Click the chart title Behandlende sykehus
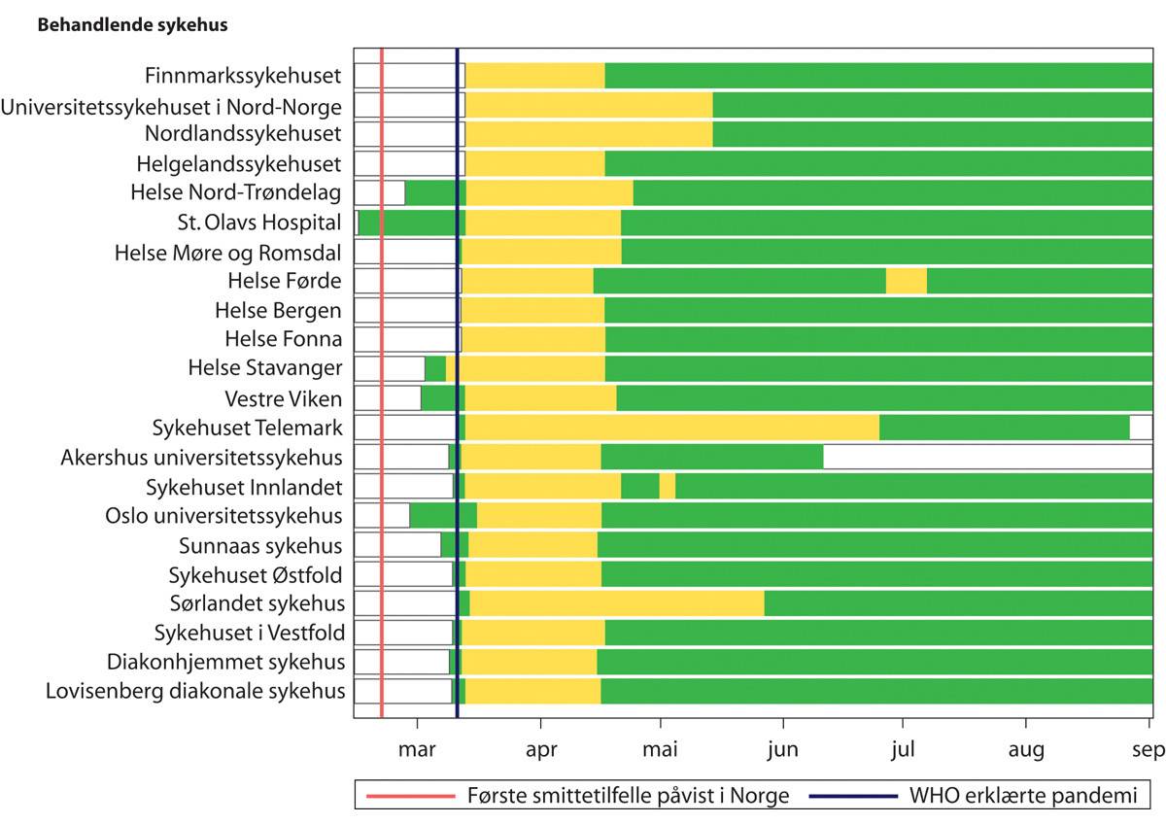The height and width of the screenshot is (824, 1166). tap(132, 26)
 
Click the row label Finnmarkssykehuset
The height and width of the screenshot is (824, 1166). tap(243, 76)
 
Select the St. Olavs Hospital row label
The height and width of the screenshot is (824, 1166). tap(259, 223)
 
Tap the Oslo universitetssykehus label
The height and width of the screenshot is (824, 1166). tap(223, 516)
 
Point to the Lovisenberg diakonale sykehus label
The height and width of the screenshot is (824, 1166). tap(195, 692)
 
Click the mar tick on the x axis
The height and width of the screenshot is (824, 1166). tap(417, 749)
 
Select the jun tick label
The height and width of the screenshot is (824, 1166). tap(782, 749)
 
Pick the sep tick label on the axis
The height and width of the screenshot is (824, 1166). tap(1149, 749)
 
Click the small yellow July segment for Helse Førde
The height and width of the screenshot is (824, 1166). tap(906, 281)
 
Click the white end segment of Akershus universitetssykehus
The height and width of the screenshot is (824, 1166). tap(987, 457)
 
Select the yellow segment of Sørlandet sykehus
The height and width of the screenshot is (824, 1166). tap(617, 603)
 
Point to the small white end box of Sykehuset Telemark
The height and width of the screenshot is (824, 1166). tap(1141, 428)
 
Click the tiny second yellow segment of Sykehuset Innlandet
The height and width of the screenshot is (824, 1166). tap(667, 486)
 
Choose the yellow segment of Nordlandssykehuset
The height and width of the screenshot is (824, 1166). tap(589, 134)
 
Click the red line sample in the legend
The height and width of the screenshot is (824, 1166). tap(410, 797)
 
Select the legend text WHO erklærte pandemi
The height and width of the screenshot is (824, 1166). tap(1022, 797)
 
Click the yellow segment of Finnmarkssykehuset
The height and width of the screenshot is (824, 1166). tap(535, 76)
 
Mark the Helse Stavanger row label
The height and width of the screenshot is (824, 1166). tap(265, 368)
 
